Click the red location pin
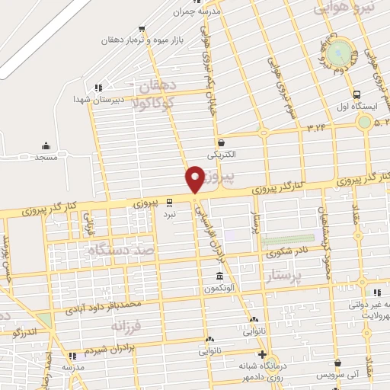click(x=195, y=178)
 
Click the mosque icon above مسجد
click(x=46, y=146)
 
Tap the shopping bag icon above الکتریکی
click(x=221, y=142)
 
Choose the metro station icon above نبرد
click(x=169, y=203)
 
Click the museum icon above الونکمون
click(x=219, y=276)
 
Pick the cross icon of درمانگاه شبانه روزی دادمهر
click(x=262, y=355)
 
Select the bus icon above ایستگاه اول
click(x=358, y=94)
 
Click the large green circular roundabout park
click(x=342, y=53)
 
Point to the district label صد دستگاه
click(x=122, y=250)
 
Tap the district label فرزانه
click(x=126, y=327)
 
